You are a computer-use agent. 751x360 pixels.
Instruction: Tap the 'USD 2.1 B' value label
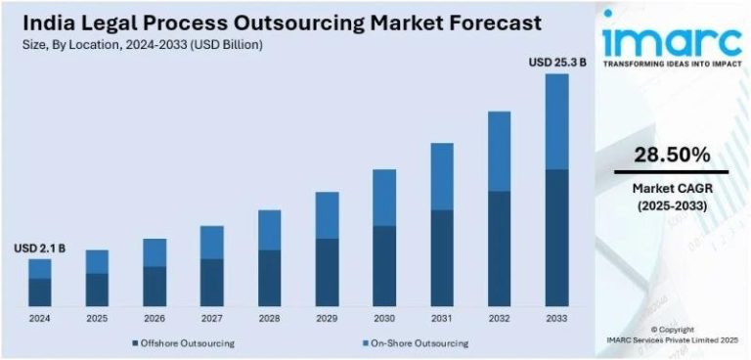click(x=39, y=249)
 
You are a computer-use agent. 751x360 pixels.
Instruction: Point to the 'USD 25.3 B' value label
click(x=557, y=63)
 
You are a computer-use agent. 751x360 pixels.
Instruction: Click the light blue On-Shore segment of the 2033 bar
click(x=556, y=121)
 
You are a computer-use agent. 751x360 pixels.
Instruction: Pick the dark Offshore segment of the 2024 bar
click(x=39, y=292)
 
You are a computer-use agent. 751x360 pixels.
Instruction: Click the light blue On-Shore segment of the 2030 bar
click(x=384, y=198)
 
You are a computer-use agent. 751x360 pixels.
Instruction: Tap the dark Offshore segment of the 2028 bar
click(x=269, y=278)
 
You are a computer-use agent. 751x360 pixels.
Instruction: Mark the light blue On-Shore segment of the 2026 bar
click(x=155, y=252)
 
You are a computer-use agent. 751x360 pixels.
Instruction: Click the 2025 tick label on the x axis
click(x=97, y=318)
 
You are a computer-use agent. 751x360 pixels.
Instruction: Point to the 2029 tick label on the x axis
click(x=327, y=318)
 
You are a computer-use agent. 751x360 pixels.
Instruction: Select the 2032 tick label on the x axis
click(x=499, y=318)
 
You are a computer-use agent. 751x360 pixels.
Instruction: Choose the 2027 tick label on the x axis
click(x=211, y=318)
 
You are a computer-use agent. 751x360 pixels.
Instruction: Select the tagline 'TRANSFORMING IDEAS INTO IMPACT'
click(x=670, y=65)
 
